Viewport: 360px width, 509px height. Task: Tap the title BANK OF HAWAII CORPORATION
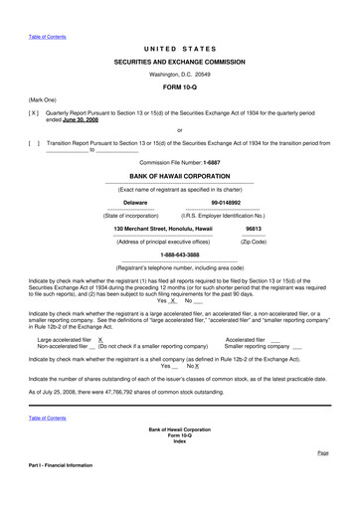pyautogui.click(x=179, y=174)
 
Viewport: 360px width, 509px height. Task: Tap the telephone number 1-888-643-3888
pyautogui.click(x=179, y=254)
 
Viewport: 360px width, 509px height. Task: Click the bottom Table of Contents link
pyautogui.click(x=48, y=418)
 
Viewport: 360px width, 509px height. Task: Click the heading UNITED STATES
pyautogui.click(x=179, y=48)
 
